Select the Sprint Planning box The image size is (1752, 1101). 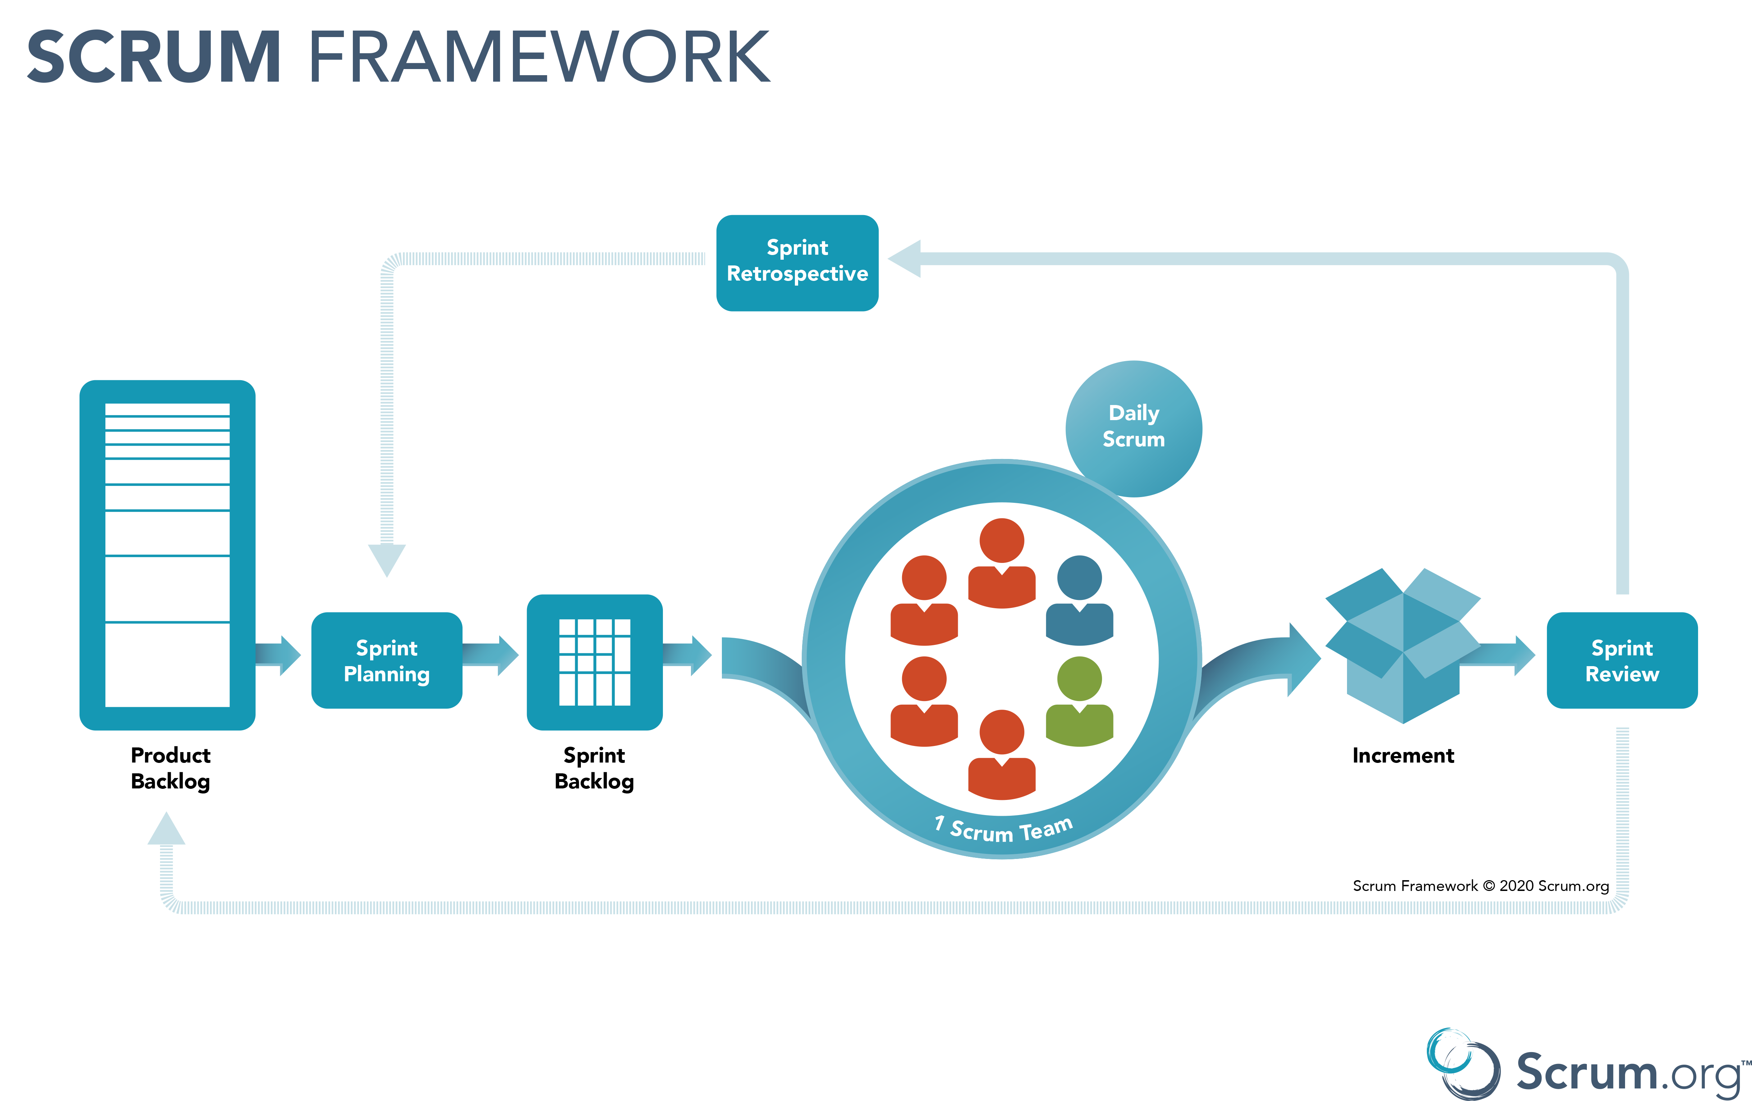[x=386, y=660]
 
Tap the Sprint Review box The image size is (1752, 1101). [x=1622, y=660]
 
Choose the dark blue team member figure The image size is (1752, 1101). [x=1079, y=600]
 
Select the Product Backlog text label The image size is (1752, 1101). [x=170, y=768]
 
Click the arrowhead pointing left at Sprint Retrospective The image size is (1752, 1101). [x=906, y=258]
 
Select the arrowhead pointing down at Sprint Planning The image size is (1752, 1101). [x=386, y=559]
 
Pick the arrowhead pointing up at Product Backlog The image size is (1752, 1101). [x=166, y=829]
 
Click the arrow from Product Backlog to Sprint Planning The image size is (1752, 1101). [x=279, y=655]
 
